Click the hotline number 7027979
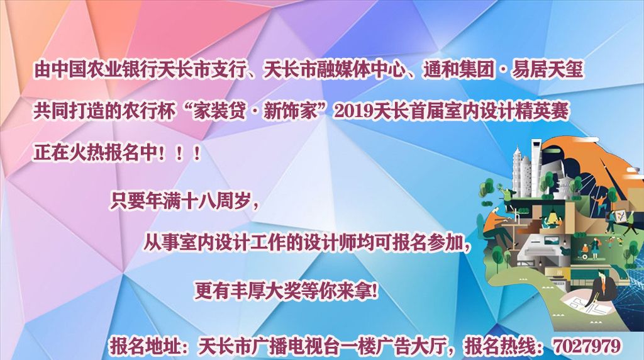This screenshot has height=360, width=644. coord(587,346)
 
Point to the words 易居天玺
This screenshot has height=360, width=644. coord(547,70)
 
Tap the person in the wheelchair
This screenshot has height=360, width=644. coord(584,250)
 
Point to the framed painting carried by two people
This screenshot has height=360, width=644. coord(620,216)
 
